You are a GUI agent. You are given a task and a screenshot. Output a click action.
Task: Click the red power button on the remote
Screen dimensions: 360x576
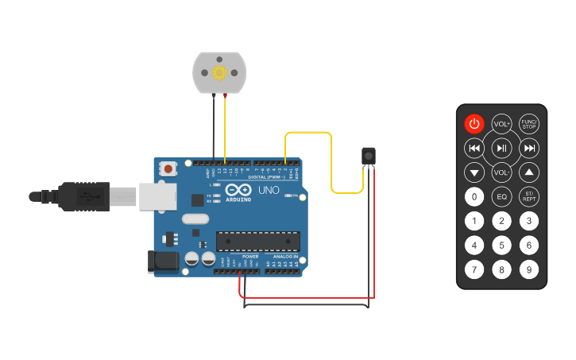pyautogui.click(x=474, y=123)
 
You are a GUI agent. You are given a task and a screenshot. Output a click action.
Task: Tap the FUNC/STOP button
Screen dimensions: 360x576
pyautogui.click(x=529, y=123)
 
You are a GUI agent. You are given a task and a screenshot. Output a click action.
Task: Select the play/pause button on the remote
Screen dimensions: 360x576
pyautogui.click(x=501, y=148)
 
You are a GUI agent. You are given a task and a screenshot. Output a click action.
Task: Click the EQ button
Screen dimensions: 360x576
pyautogui.click(x=501, y=196)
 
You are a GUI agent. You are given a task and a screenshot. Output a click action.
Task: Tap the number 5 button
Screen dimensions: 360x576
pyautogui.click(x=501, y=245)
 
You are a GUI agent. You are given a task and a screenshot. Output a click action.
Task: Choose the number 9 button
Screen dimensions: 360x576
pyautogui.click(x=529, y=269)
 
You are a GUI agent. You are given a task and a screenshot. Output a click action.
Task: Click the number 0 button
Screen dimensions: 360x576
pyautogui.click(x=474, y=196)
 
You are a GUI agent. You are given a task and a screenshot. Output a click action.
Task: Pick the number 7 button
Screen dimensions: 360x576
pyautogui.click(x=474, y=269)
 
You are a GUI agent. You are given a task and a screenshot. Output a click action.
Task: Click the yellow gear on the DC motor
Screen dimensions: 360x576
pyautogui.click(x=219, y=72)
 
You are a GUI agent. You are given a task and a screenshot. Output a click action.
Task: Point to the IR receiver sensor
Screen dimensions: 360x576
pyautogui.click(x=368, y=156)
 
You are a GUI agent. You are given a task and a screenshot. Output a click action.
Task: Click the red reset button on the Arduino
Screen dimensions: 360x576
pyautogui.click(x=168, y=168)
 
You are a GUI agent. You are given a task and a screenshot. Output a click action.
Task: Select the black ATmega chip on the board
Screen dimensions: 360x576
pyautogui.click(x=258, y=241)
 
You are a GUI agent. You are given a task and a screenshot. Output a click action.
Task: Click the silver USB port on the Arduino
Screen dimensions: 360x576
pyautogui.click(x=157, y=196)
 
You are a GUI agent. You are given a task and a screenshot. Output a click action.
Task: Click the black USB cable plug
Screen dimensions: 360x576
pyautogui.click(x=83, y=196)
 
